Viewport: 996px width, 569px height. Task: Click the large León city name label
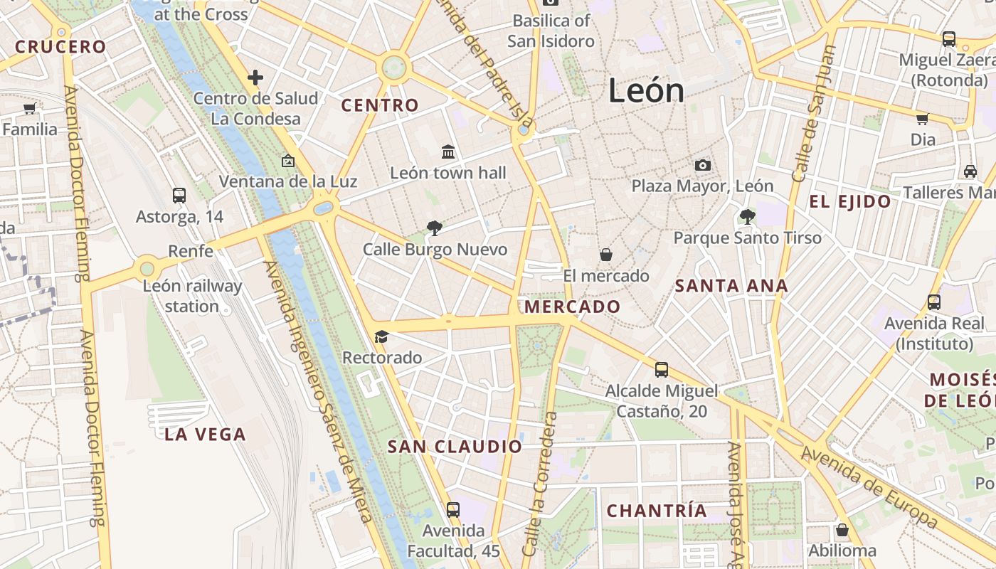[x=646, y=91]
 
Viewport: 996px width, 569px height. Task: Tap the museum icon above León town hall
[x=448, y=151]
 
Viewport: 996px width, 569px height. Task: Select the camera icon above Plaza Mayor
[x=703, y=165]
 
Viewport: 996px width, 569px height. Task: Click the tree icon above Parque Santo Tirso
[x=747, y=216]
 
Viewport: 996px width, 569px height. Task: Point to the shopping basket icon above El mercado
[x=606, y=254]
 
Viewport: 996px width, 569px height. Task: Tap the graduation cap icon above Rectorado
[x=382, y=336]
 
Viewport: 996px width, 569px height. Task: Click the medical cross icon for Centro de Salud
[x=255, y=78]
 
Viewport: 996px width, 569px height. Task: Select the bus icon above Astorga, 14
[x=179, y=195]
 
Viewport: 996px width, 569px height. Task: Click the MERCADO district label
[x=572, y=307]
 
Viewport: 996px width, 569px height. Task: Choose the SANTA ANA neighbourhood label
[x=731, y=286]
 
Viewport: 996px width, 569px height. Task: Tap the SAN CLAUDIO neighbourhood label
[x=455, y=447]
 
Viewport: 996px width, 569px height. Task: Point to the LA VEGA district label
[x=205, y=434]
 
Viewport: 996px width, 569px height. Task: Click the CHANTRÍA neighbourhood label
[x=657, y=511]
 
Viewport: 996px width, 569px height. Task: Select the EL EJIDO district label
[x=849, y=201]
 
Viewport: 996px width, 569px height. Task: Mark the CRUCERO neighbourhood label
[x=60, y=47]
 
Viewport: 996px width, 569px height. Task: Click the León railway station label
[x=192, y=296]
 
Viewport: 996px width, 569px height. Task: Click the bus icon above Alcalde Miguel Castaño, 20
[x=662, y=369]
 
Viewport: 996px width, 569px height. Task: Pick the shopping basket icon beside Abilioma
[x=842, y=530]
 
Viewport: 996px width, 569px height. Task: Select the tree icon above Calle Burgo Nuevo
[x=434, y=228]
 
